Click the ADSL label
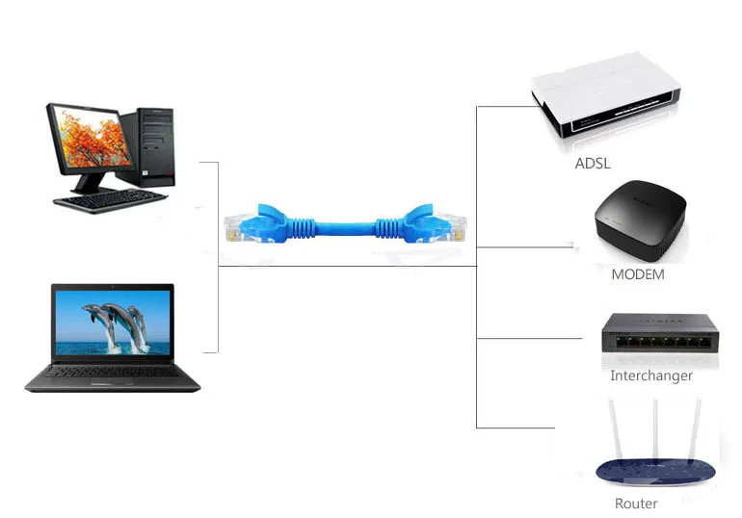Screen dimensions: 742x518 (x=593, y=163)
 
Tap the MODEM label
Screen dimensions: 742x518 (x=637, y=274)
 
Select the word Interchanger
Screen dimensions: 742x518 (x=650, y=376)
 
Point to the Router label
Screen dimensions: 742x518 (x=636, y=504)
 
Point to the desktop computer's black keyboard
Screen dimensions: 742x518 (x=111, y=200)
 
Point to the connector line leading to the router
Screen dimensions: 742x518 (x=516, y=427)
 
